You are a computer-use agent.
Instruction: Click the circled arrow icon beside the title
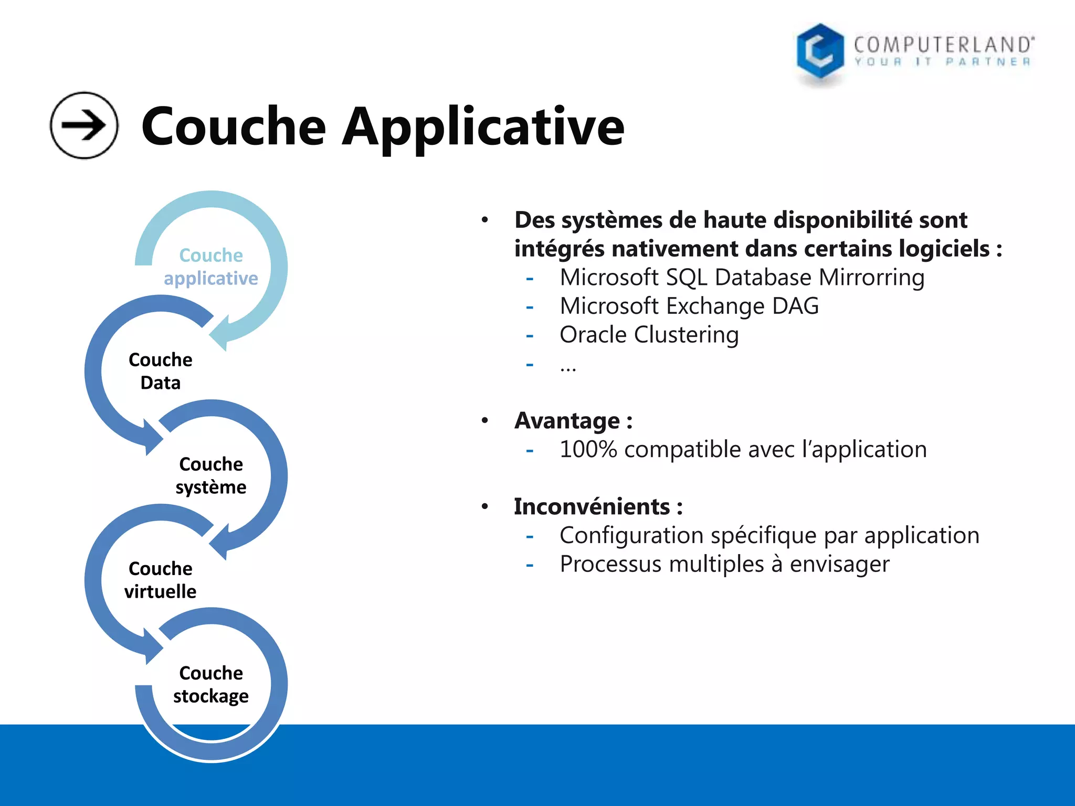84,125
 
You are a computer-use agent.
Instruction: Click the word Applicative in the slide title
483,127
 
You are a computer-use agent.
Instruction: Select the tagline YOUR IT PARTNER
942,62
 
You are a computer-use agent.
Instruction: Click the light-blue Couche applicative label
211,267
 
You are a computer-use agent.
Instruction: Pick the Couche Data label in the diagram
161,371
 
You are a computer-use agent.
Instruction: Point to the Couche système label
211,475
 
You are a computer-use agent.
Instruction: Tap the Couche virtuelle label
161,580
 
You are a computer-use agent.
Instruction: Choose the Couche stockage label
211,684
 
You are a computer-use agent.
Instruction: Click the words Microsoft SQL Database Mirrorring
742,277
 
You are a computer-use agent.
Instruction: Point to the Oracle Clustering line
649,335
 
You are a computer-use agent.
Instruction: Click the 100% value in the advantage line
588,450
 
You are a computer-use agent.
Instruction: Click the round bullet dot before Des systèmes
485,220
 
